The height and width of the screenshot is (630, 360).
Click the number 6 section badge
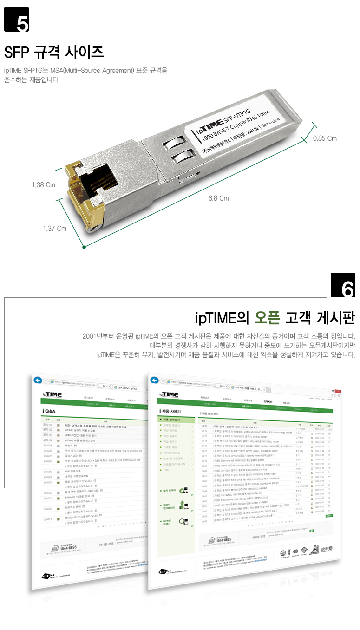[343, 285]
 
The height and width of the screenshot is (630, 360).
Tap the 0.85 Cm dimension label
[325, 138]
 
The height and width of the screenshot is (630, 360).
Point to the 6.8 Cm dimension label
[219, 198]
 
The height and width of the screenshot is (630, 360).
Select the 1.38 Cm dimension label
[44, 185]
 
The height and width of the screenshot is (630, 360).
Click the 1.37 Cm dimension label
[54, 229]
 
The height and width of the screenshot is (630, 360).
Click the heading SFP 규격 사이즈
[53, 52]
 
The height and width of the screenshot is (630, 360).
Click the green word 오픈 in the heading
[267, 319]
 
